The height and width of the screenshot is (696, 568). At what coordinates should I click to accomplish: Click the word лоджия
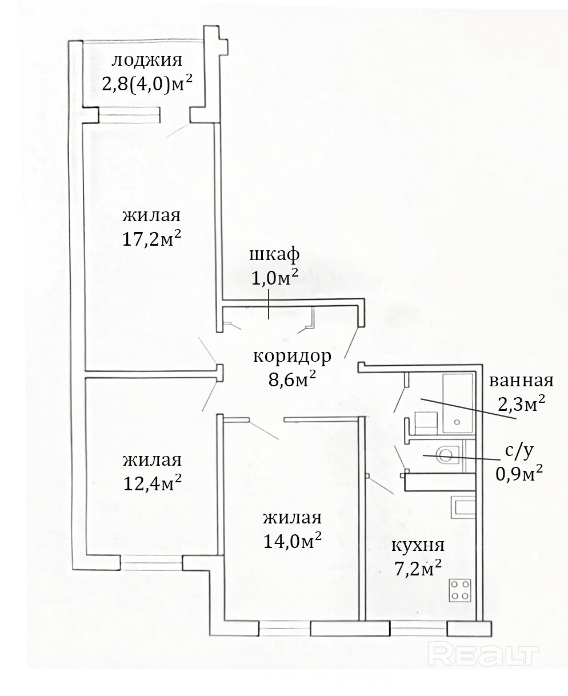pyautogui.click(x=147, y=61)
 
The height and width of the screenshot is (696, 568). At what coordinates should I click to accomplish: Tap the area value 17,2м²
pyautogui.click(x=151, y=238)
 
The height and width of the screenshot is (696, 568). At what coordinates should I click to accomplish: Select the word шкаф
pyautogui.click(x=274, y=255)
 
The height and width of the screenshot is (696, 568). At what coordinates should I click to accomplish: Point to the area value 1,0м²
pyautogui.click(x=275, y=277)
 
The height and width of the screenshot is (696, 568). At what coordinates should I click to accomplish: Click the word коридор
pyautogui.click(x=292, y=357)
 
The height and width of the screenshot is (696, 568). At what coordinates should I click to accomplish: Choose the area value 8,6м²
pyautogui.click(x=292, y=379)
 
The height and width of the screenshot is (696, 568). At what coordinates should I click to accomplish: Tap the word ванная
pyautogui.click(x=521, y=380)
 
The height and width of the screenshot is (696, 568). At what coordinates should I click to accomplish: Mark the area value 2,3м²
pyautogui.click(x=521, y=403)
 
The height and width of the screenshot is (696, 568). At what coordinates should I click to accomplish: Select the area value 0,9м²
pyautogui.click(x=519, y=473)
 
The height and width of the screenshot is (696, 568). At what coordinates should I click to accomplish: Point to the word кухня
pyautogui.click(x=418, y=545)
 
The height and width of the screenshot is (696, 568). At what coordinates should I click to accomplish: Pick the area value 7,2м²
pyautogui.click(x=418, y=568)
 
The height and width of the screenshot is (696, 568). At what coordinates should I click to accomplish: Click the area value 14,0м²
pyautogui.click(x=293, y=541)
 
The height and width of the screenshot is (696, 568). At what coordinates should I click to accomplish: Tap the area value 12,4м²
pyautogui.click(x=152, y=483)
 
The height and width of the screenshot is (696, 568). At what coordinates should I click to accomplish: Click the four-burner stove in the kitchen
pyautogui.click(x=460, y=590)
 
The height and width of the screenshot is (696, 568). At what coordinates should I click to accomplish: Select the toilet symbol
pyautogui.click(x=447, y=455)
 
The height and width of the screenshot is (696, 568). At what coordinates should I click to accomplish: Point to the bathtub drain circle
pyautogui.click(x=457, y=422)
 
